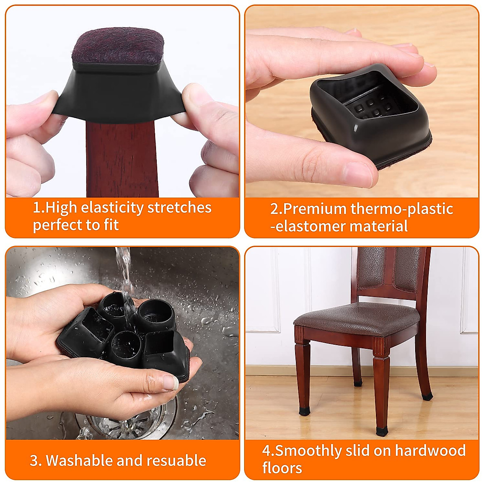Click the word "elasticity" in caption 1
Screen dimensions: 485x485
(x=112, y=207)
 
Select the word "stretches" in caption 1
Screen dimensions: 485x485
(x=179, y=207)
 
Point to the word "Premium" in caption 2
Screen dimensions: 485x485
(x=315, y=209)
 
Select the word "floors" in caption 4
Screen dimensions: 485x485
(x=282, y=468)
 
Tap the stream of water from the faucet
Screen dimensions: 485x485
(x=125, y=275)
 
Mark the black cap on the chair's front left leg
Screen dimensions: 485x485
(x=304, y=411)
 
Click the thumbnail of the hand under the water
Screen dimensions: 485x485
(x=170, y=382)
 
